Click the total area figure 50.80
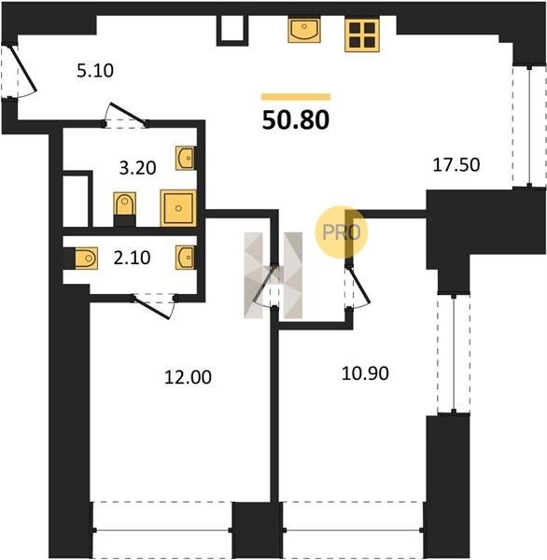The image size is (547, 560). coord(296,120)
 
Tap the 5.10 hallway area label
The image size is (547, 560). coord(95,71)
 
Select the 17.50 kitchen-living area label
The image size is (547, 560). coord(456,165)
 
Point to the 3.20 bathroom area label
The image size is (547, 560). coord(137,168)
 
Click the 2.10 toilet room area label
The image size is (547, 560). coord(132,258)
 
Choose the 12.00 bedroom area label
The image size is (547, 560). coord(188,377)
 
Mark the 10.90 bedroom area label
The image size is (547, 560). coord(365,373)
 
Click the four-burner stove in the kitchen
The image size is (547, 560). coord(362,35)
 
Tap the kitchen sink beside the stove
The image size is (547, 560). coord(304,31)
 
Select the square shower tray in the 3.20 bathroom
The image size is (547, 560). coord(178,208)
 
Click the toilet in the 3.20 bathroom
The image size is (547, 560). coord(124,209)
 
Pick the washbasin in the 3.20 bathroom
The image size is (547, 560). coord(185,158)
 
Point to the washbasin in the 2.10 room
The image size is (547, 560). coord(185,258)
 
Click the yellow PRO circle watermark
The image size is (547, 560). coord(342,232)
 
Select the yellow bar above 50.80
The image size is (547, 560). coord(296,97)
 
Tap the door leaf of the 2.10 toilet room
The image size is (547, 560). coord(151,307)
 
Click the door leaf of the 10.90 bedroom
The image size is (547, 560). coord(359,284)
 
